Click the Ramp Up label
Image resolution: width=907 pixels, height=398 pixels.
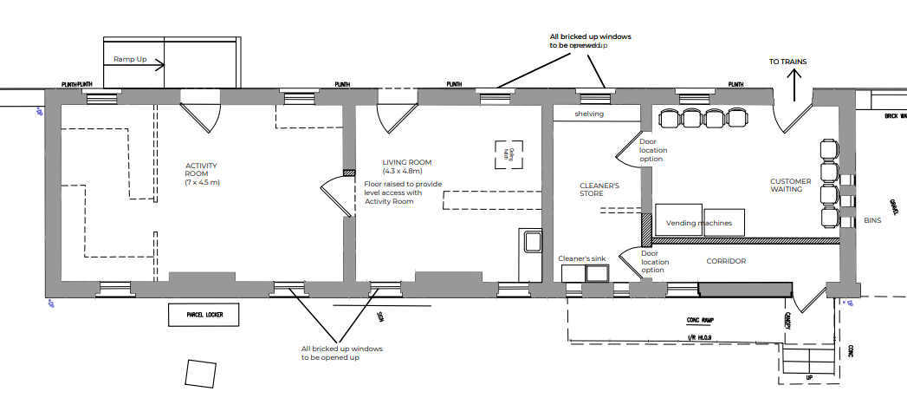tap(131, 59)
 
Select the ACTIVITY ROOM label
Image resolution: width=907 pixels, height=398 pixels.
tap(202, 169)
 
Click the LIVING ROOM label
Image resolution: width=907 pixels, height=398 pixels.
tap(407, 162)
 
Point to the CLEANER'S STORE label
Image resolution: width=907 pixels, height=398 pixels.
tap(599, 190)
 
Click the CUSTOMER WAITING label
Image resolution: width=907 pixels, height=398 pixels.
tap(791, 186)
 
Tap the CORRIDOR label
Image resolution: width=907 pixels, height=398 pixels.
tap(726, 261)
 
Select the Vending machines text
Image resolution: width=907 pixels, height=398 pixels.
tap(698, 223)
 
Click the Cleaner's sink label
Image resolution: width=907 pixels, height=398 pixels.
tap(585, 258)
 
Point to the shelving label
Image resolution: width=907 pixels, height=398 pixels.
tap(589, 114)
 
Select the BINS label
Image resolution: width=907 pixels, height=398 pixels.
tap(871, 221)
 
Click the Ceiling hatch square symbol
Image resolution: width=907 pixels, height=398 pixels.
tap(511, 155)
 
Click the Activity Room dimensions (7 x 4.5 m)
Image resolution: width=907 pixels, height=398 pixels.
tap(202, 183)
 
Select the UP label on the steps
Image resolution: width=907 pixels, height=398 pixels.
tap(809, 379)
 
